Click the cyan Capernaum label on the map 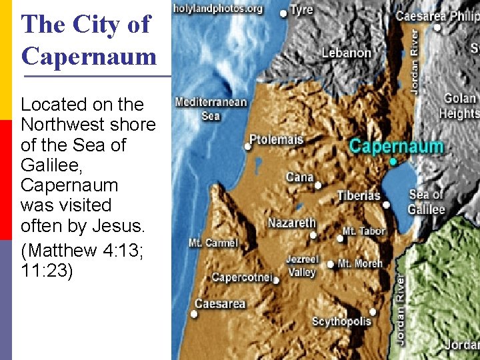tap(396, 146)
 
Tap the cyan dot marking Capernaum tap(393, 162)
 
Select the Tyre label tap(301, 10)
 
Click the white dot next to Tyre tap(284, 13)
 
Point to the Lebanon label tap(346, 53)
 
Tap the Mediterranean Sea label tap(211, 109)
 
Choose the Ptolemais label tap(276, 140)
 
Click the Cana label tap(299, 177)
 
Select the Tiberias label tap(359, 195)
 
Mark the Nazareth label tap(291, 223)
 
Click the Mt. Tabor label tap(363, 231)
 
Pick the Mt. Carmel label tap(213, 243)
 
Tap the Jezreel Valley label tap(302, 265)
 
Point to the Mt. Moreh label tap(360, 263)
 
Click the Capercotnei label tap(241, 277)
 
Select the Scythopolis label tap(341, 321)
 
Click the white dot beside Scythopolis tap(373, 311)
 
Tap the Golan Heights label tap(459, 105)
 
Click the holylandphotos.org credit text tap(218, 9)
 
